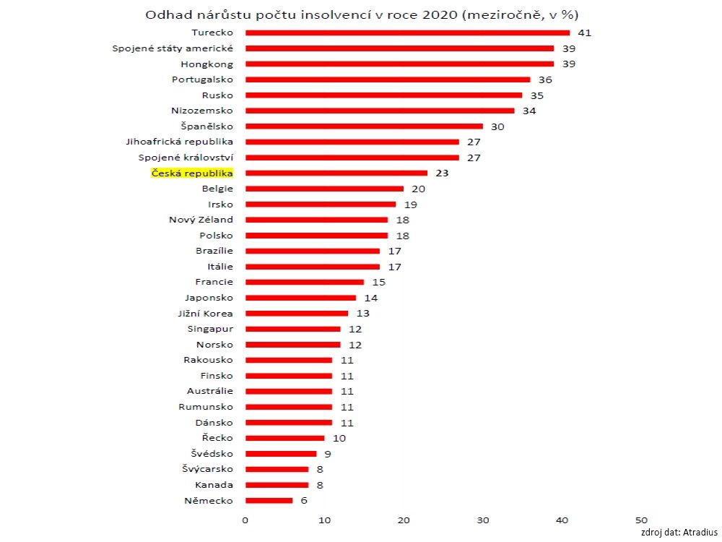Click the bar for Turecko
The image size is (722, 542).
click(x=407, y=33)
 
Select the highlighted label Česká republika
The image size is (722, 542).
click(x=192, y=173)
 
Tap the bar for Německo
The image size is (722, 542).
click(x=269, y=501)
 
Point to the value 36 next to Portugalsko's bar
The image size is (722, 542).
click(x=545, y=79)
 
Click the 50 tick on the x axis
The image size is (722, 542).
click(x=641, y=520)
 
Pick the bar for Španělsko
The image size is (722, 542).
click(x=364, y=126)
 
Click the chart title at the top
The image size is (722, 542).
click(x=362, y=14)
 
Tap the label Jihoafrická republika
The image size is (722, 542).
click(x=180, y=142)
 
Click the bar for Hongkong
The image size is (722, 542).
click(x=399, y=64)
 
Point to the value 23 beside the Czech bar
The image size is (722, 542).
click(x=443, y=173)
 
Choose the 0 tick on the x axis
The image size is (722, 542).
click(x=245, y=520)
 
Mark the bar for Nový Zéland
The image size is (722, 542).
click(x=316, y=220)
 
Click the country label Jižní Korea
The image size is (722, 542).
click(x=205, y=314)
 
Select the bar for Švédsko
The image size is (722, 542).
click(x=281, y=454)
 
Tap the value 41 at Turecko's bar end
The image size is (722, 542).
click(x=584, y=33)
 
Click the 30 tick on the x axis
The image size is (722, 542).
click(x=483, y=520)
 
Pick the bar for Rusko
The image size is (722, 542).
click(x=383, y=95)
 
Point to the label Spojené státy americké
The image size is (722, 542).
click(x=173, y=48)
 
